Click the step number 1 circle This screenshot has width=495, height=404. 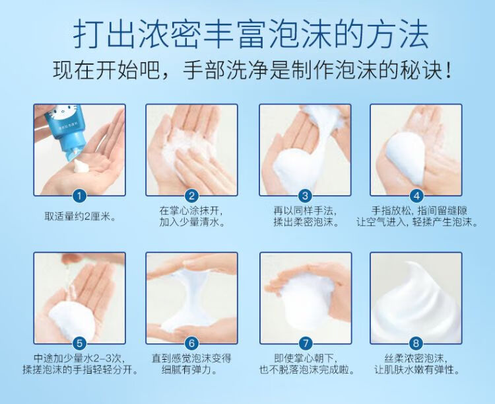coord(79,196)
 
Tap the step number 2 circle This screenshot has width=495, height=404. coord(191,196)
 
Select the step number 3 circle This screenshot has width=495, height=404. coord(305,196)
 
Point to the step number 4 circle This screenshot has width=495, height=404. coord(416,196)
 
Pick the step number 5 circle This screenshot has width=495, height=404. coord(79,343)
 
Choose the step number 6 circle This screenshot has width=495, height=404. coord(191,343)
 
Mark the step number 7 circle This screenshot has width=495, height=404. coord(305,343)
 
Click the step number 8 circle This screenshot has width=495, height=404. coord(416,343)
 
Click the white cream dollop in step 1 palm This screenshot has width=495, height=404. coord(80,165)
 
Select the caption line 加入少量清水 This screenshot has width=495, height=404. coord(191,222)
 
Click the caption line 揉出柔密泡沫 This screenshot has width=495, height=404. coord(306,222)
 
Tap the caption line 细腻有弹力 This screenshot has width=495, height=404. coord(189,370)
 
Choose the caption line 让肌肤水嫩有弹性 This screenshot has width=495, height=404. coord(416,370)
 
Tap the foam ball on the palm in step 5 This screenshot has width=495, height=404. coord(72,320)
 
